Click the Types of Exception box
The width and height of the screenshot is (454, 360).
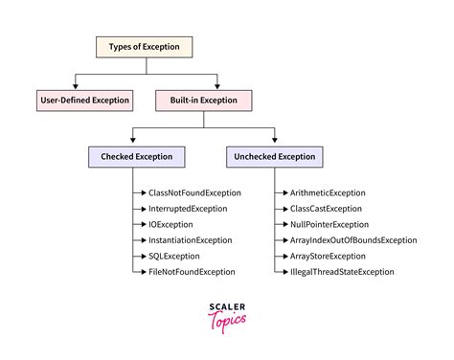[145, 46]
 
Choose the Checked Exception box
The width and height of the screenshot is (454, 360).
[134, 155]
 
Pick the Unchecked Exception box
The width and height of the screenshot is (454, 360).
[272, 155]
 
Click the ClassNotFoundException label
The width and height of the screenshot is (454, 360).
[194, 192]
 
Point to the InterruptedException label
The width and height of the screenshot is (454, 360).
[189, 209]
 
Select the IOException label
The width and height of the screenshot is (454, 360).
[172, 224]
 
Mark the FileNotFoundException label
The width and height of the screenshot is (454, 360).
[192, 272]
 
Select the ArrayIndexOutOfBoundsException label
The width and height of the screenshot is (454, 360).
[352, 240]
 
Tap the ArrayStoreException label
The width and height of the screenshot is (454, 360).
[327, 257]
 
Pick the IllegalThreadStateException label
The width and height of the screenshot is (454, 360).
[341, 272]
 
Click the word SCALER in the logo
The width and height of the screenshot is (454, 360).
[227, 306]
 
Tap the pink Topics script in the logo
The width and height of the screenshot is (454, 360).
[228, 320]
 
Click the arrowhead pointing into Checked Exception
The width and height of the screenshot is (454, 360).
[134, 142]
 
